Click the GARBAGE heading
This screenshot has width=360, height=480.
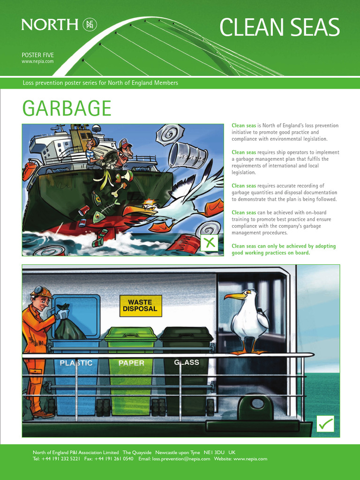67,109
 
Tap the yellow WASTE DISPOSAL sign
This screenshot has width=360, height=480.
141,306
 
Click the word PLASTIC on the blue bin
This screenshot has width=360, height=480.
76,363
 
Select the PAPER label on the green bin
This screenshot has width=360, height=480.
131,363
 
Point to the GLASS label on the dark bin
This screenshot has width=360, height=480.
187,362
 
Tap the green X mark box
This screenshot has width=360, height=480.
210,242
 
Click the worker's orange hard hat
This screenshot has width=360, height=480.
42,292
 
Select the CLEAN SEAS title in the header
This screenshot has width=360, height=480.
279,28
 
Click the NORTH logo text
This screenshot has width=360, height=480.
49,24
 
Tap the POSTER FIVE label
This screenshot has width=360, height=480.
37,55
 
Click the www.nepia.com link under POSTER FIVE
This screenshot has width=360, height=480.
37,61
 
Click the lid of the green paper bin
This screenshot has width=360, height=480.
131,334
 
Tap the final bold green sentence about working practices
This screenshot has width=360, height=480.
284,249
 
